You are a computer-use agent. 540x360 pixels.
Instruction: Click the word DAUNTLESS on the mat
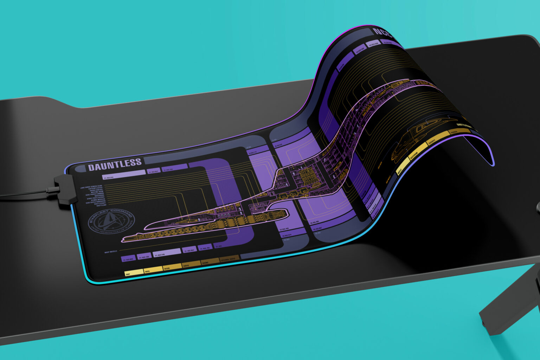pyautogui.click(x=115, y=164)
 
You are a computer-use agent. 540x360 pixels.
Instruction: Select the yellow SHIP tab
pyautogui.click(x=134, y=272)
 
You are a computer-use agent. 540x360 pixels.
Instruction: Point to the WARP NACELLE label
pyautogui.click(x=111, y=252)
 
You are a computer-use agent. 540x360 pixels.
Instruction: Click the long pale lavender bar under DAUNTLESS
pyautogui.click(x=123, y=172)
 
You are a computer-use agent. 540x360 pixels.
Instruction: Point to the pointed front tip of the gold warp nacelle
pyautogui.click(x=123, y=241)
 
